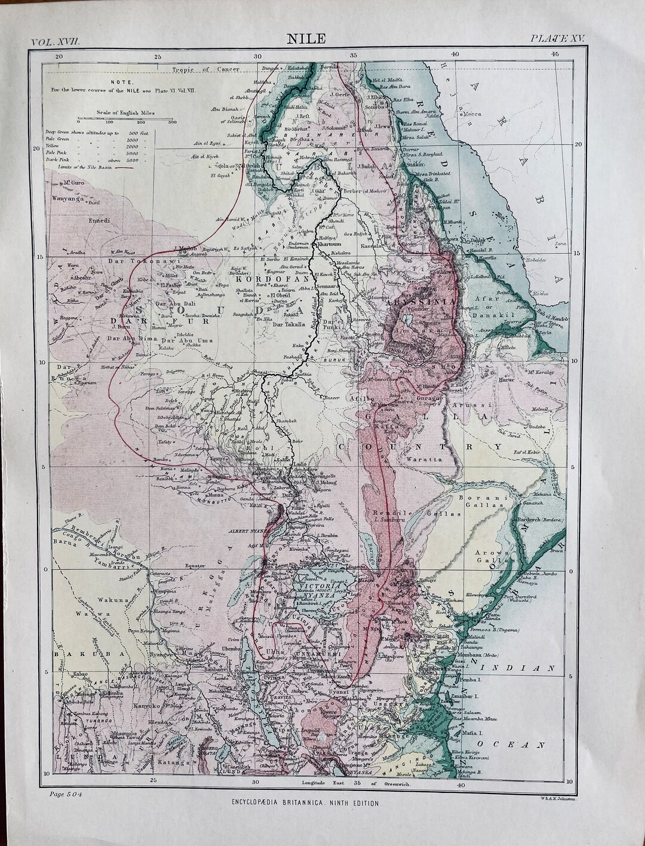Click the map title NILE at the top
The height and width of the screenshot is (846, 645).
(306, 39)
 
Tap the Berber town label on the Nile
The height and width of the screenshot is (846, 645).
(337, 190)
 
